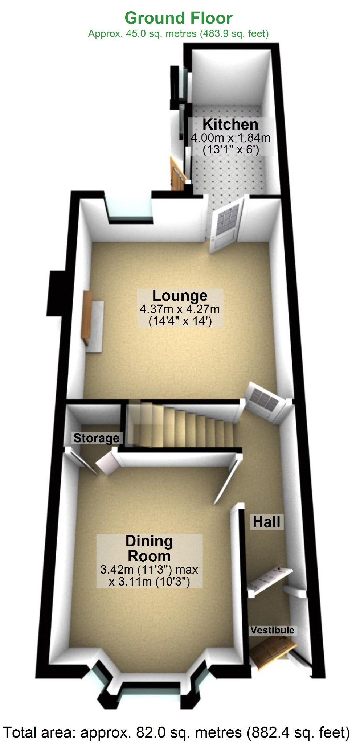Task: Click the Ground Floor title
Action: [x=178, y=18]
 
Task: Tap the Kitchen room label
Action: [x=230, y=124]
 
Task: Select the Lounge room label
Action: [x=180, y=296]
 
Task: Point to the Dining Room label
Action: [x=149, y=549]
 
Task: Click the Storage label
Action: [x=96, y=438]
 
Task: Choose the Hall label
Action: [x=266, y=522]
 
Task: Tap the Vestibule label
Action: [x=272, y=630]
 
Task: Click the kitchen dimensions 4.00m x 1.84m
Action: [x=230, y=138]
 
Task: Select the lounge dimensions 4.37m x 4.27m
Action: [x=180, y=309]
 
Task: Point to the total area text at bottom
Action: [x=176, y=732]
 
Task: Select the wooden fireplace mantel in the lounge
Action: [x=88, y=317]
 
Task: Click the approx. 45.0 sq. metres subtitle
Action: [x=178, y=34]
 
